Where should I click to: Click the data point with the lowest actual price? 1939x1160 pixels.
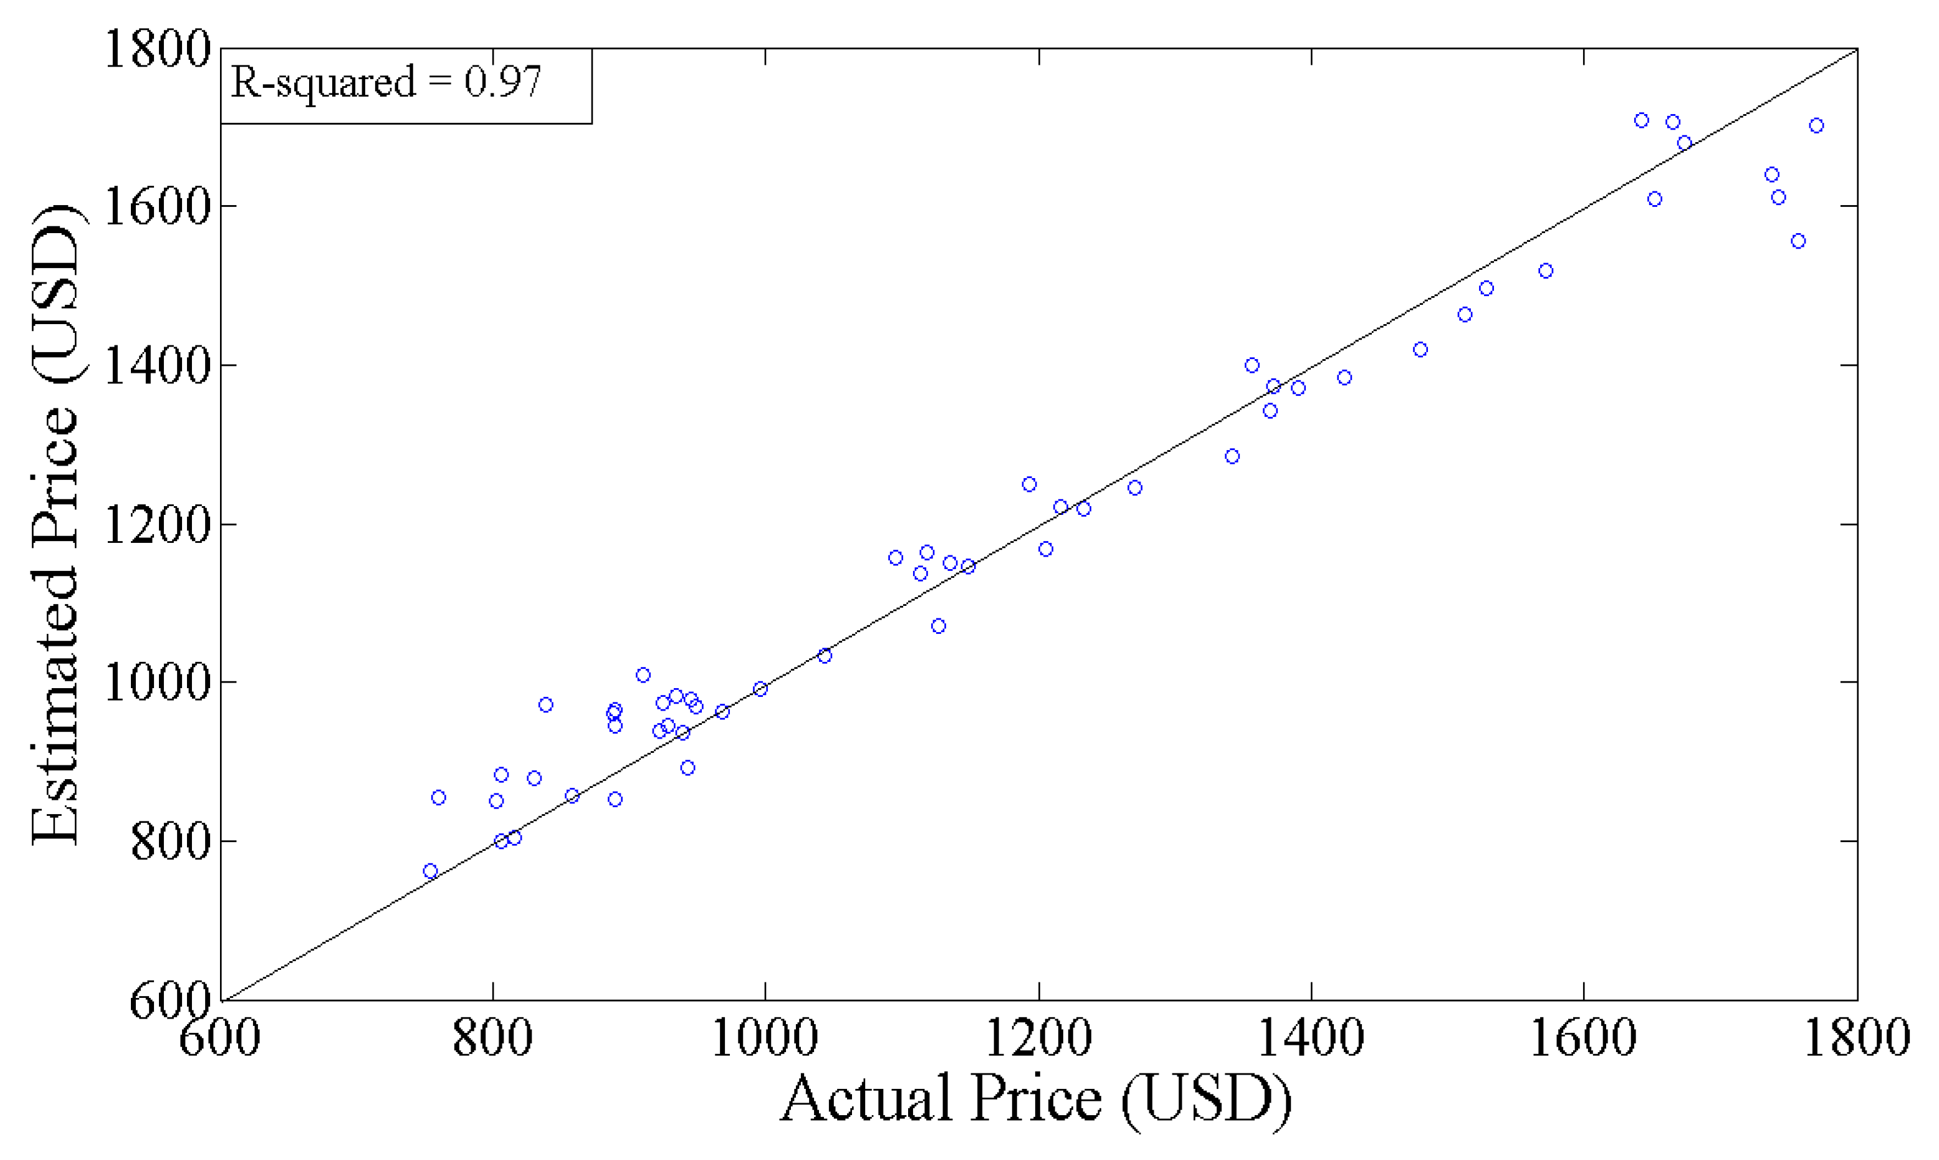coord(430,871)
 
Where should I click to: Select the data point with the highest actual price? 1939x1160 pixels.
coord(1816,126)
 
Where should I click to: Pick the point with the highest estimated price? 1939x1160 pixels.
coord(1641,120)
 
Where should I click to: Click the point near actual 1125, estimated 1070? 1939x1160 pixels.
coord(939,626)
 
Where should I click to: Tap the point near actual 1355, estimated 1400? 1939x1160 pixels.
coord(1252,365)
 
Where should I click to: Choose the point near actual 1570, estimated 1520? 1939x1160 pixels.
coord(1546,271)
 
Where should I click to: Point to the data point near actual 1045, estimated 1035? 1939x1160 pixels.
coord(825,656)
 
